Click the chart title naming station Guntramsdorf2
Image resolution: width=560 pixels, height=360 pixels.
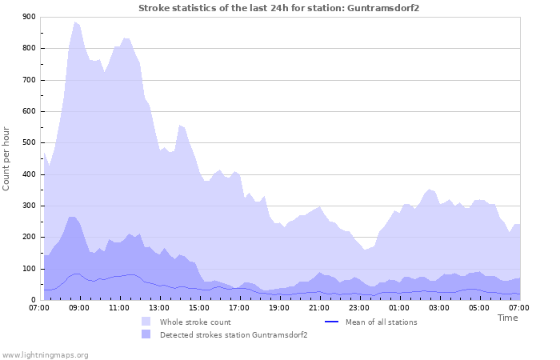(279, 8)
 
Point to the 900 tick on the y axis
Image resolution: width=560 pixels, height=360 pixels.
(30, 17)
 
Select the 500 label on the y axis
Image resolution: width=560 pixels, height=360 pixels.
(30, 142)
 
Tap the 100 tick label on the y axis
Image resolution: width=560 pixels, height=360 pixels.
(30, 269)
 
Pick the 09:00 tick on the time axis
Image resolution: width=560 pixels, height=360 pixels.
(79, 307)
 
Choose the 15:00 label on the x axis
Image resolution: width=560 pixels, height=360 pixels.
(199, 307)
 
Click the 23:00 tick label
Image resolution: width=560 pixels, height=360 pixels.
(359, 307)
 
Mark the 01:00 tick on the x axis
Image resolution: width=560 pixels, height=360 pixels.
(399, 307)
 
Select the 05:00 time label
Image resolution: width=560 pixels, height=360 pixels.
(479, 307)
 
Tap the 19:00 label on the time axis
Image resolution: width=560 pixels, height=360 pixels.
(279, 307)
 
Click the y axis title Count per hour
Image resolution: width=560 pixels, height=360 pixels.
(7, 158)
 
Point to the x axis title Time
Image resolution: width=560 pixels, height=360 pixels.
(507, 318)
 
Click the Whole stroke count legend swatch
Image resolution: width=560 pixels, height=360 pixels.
(146, 322)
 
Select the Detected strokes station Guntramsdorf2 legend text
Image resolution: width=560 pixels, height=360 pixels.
(234, 334)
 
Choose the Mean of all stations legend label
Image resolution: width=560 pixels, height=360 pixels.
(382, 322)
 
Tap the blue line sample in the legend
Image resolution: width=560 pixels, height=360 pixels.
(333, 322)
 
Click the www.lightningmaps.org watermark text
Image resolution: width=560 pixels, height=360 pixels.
(45, 354)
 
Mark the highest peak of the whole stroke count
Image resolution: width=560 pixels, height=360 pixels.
(75, 22)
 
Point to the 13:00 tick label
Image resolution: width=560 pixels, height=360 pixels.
(159, 307)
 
